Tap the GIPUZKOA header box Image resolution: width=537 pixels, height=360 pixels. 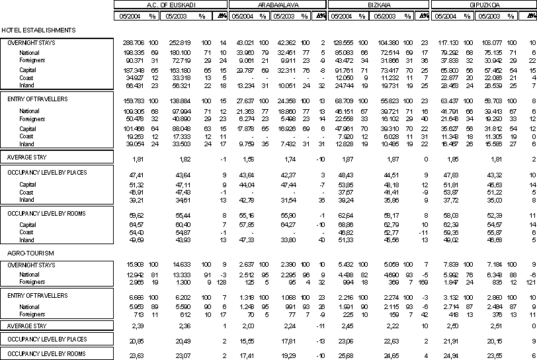coord(484,4)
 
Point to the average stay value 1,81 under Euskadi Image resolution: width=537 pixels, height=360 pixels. coord(139,159)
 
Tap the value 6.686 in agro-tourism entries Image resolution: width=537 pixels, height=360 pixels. coord(136,298)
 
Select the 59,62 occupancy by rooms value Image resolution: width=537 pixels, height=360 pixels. coord(138,215)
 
